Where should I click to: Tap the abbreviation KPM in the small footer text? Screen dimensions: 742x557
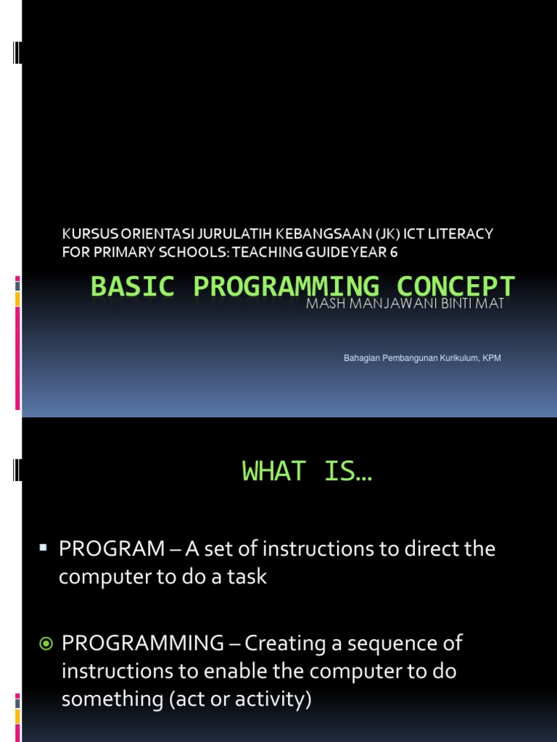(492, 359)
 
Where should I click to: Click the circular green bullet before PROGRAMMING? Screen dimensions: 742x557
(45, 643)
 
